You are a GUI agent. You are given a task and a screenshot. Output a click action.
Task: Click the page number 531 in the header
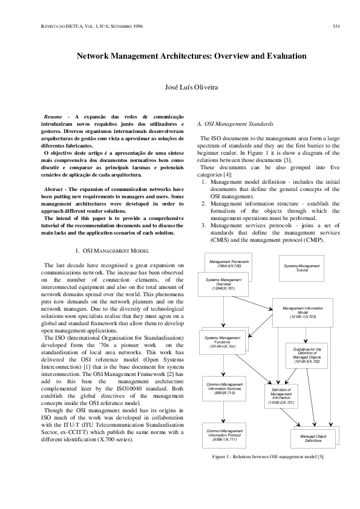[x=338, y=27]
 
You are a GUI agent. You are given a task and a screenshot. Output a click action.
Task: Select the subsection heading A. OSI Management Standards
[x=231, y=123]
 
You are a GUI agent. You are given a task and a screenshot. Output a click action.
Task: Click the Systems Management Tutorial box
[x=301, y=267]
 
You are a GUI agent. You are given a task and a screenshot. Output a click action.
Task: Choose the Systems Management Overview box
[x=220, y=284]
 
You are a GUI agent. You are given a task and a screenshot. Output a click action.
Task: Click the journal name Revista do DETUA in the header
[x=49, y=27]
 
